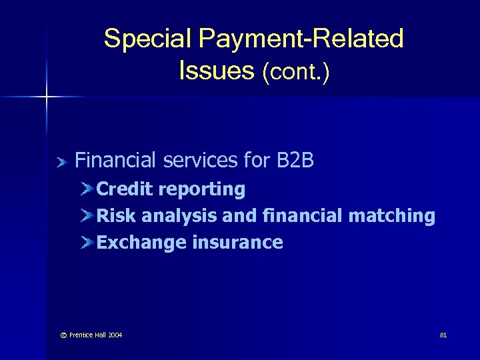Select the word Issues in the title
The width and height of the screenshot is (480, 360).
[x=215, y=69]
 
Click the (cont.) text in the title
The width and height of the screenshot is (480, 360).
[x=296, y=71]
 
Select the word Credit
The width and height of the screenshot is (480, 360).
[x=125, y=189]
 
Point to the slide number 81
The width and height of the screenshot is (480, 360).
[x=443, y=335]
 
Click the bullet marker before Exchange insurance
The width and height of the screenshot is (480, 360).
[x=87, y=242]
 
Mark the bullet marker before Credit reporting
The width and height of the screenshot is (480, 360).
[x=87, y=189]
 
